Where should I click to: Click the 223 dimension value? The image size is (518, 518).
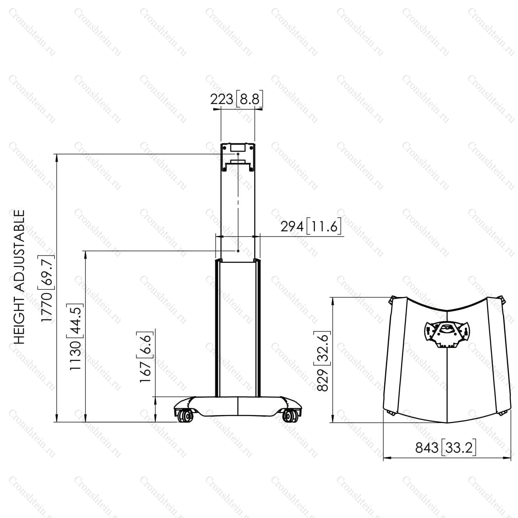pyautogui.click(x=221, y=99)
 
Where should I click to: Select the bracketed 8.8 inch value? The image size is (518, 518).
pyautogui.click(x=250, y=99)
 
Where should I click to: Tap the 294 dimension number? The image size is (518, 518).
pyautogui.click(x=292, y=227)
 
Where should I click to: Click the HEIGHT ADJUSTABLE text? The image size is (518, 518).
pyautogui.click(x=19, y=277)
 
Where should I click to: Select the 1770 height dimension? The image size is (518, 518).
pyautogui.click(x=46, y=307)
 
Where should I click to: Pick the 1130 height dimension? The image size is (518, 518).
pyautogui.click(x=75, y=356)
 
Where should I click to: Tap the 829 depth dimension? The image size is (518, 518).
pyautogui.click(x=322, y=380)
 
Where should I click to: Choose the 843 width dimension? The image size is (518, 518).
pyautogui.click(x=427, y=448)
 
